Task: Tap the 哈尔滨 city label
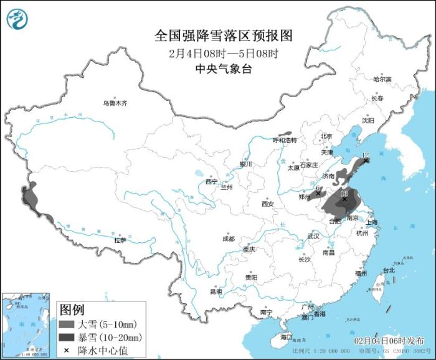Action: coord(382,79)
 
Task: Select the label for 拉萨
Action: coord(120,240)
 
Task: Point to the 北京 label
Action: coord(326,136)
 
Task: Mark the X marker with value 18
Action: coord(344,199)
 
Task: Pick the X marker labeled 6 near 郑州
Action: coord(318,193)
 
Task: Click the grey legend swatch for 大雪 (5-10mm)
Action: coord(67,325)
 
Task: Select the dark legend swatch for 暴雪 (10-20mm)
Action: coord(67,338)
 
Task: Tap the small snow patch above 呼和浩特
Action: coord(285,133)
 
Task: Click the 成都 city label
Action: coord(229,239)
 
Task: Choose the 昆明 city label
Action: coord(215,291)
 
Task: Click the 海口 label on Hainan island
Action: coord(286,337)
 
